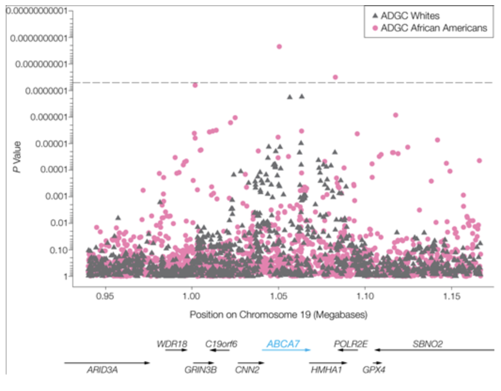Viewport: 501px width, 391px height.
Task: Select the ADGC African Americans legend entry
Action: pyautogui.click(x=434, y=28)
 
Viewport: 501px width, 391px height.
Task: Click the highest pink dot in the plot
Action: pyautogui.click(x=279, y=46)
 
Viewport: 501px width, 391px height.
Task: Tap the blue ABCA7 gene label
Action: pyautogui.click(x=283, y=344)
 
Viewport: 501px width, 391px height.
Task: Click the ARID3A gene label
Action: pyautogui.click(x=102, y=370)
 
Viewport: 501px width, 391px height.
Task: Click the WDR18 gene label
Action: pyautogui.click(x=172, y=344)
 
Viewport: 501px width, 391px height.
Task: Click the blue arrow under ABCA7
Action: pyautogui.click(x=286, y=350)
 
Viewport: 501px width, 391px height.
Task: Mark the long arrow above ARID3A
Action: pyautogui.click(x=107, y=362)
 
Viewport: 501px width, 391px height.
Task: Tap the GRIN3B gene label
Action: pyautogui.click(x=201, y=370)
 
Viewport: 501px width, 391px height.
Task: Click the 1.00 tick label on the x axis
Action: pyautogui.click(x=191, y=297)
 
